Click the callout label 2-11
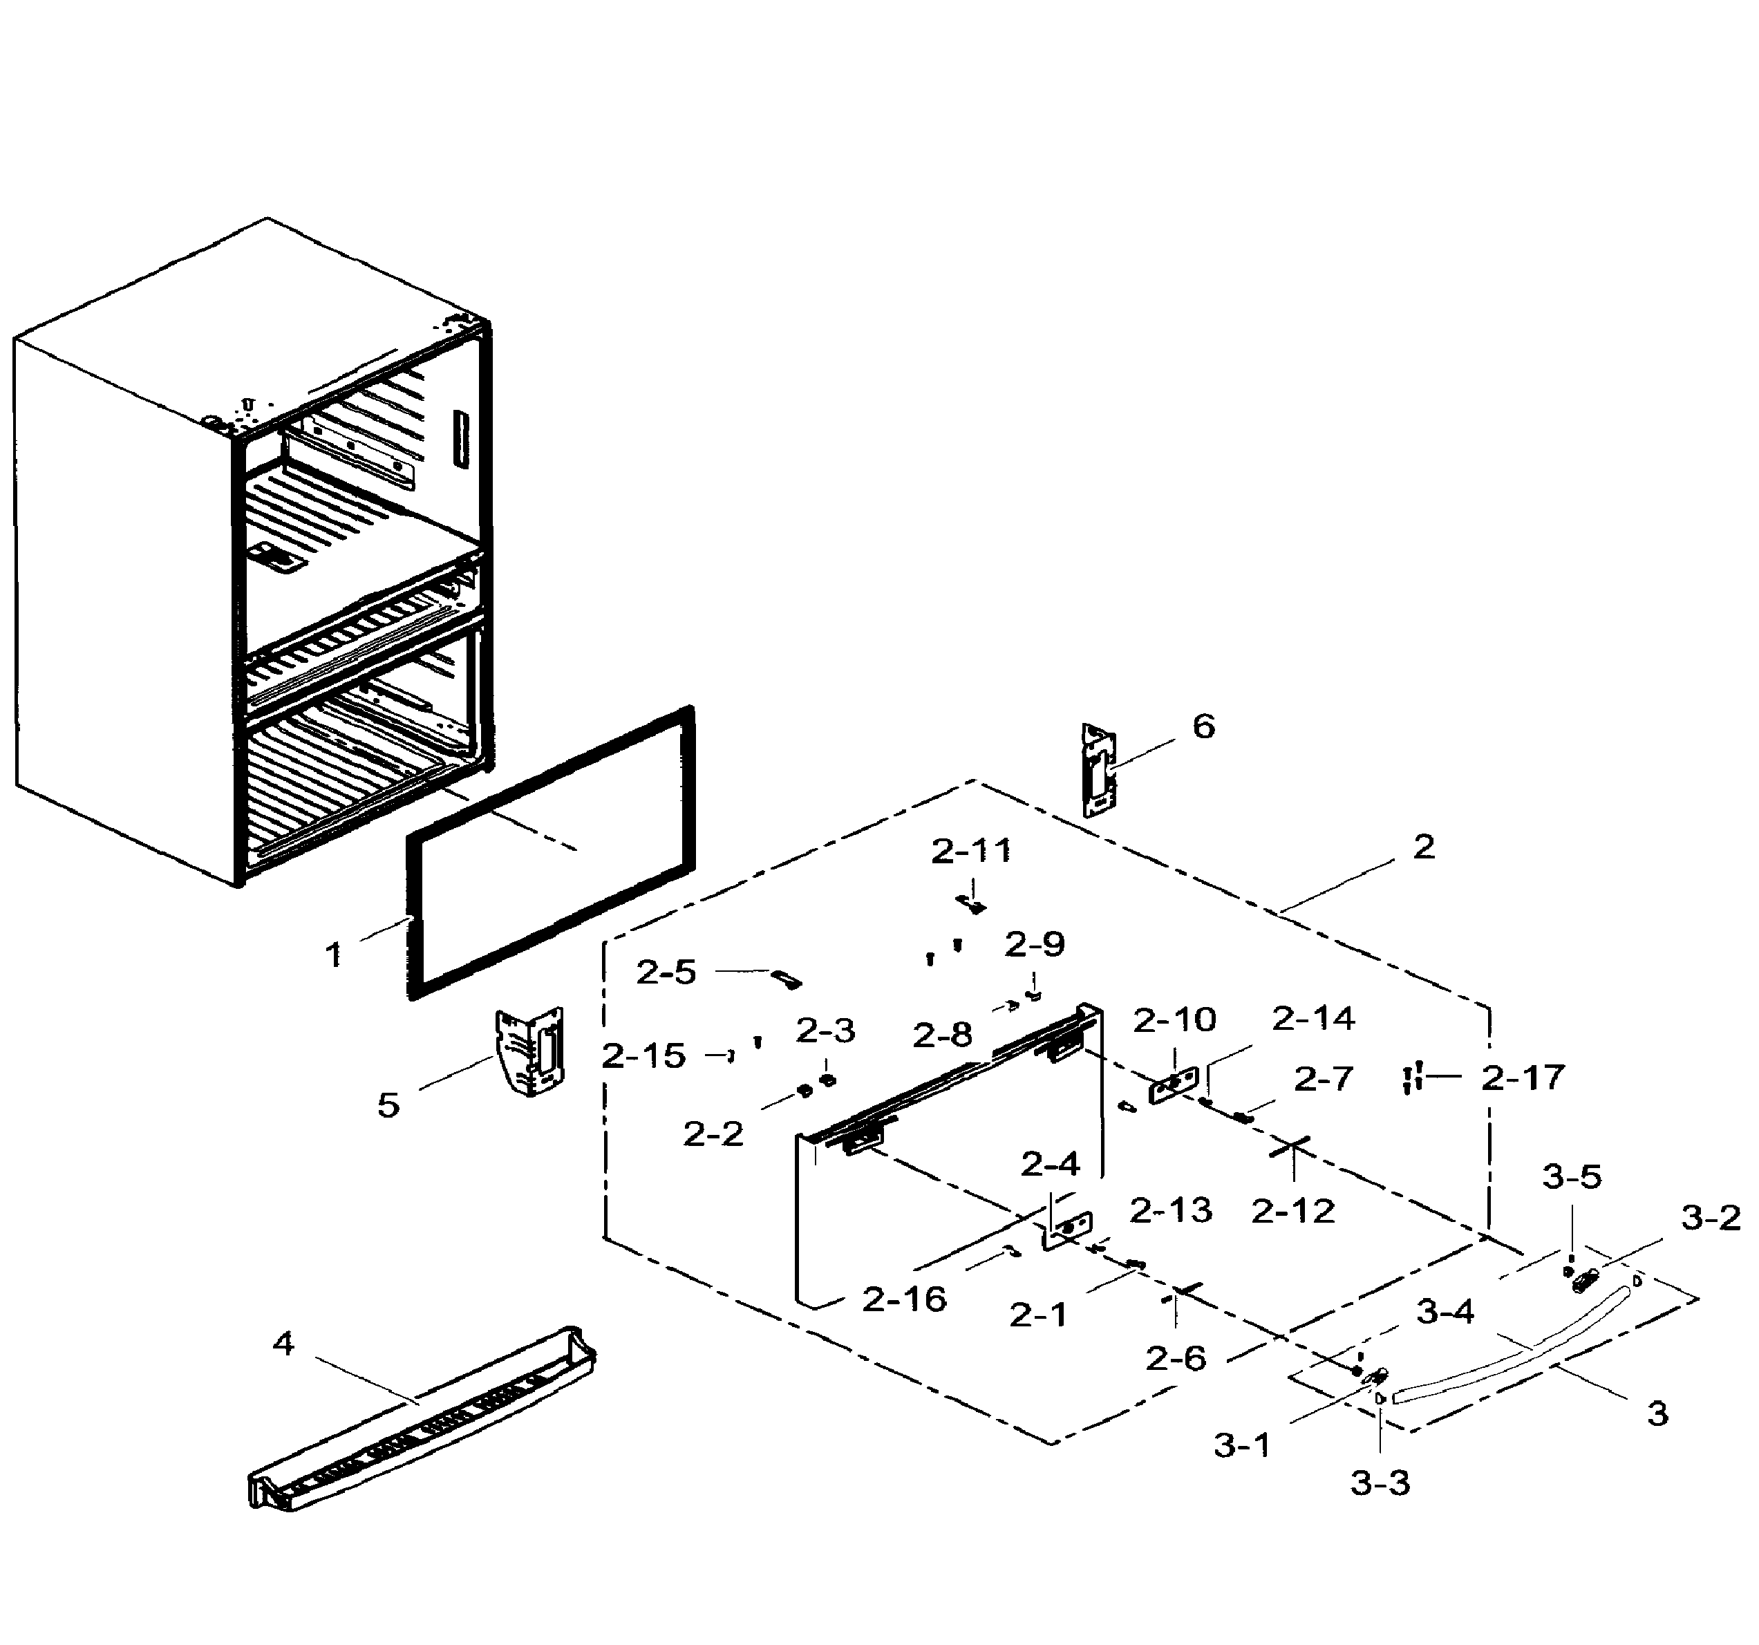[x=970, y=852]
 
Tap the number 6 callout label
[x=1203, y=726]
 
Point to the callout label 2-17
[x=1523, y=1077]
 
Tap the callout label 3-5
[x=1572, y=1177]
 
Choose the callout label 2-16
[x=904, y=1299]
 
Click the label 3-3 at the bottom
[x=1380, y=1482]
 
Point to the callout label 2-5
[x=666, y=972]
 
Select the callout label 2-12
[x=1292, y=1210]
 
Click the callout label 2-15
[x=643, y=1055]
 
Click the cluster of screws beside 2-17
[x=1412, y=1078]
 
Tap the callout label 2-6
[x=1176, y=1357]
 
